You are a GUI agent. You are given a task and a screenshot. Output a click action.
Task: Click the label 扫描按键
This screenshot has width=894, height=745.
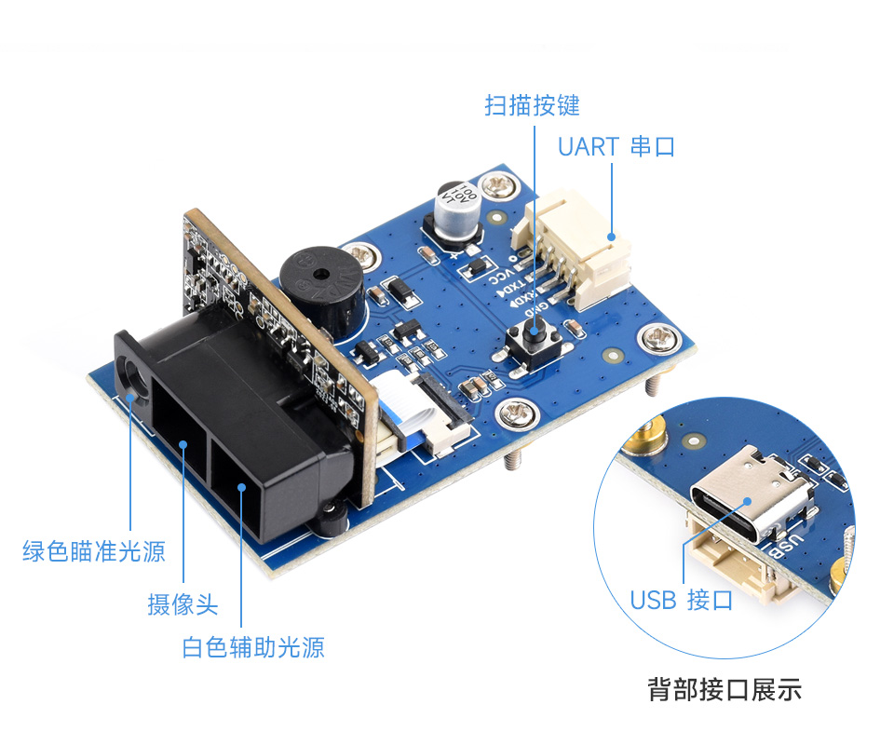click(x=532, y=105)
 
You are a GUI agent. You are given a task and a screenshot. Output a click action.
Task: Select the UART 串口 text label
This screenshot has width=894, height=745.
click(x=616, y=147)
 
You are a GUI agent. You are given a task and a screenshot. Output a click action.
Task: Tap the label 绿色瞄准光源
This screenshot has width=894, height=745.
click(x=93, y=551)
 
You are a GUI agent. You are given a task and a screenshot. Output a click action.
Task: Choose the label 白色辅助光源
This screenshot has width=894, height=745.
click(x=253, y=647)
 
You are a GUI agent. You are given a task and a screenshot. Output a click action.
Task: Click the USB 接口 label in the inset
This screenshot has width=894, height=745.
click(x=682, y=601)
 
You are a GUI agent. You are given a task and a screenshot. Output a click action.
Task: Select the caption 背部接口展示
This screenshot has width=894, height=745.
click(x=724, y=690)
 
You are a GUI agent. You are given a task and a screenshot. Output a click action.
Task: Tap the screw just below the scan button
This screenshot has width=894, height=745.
click(x=515, y=412)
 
